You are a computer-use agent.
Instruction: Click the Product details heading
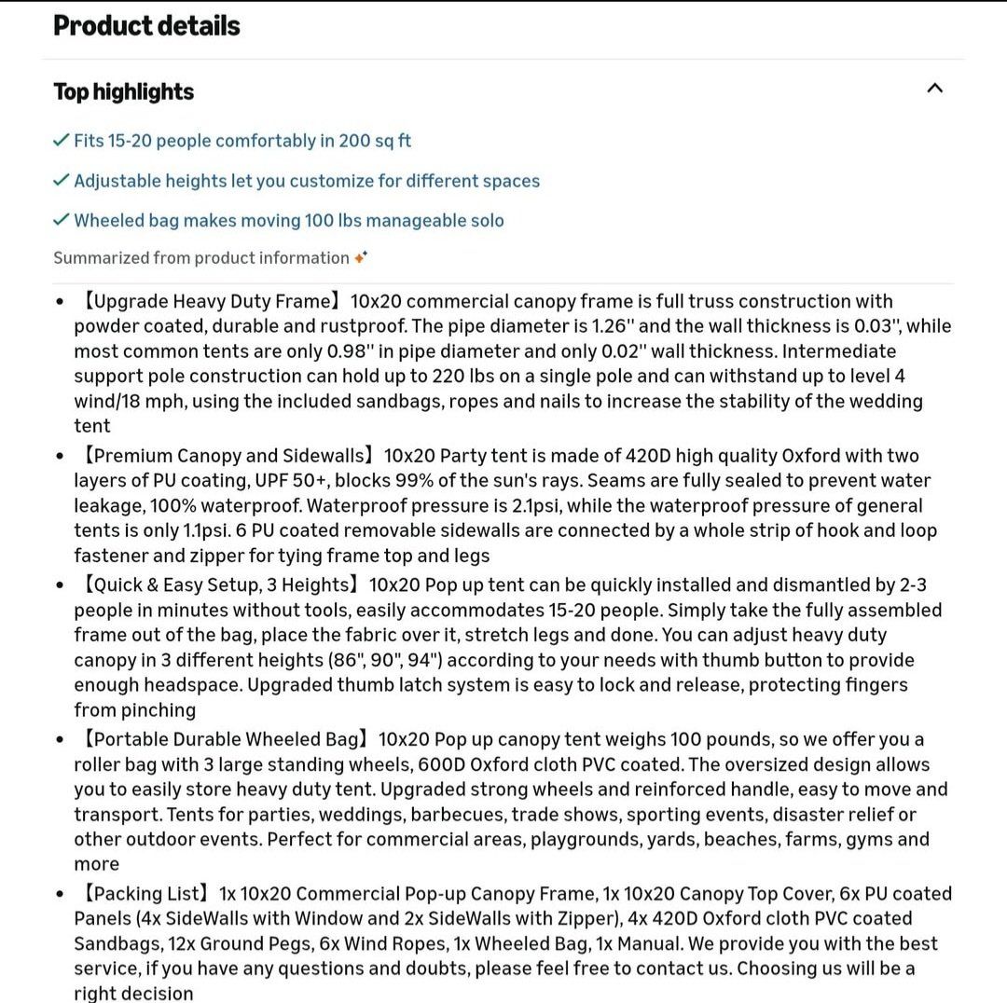tap(146, 25)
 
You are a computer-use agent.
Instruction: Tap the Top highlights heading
tap(123, 91)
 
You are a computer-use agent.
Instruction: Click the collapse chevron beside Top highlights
tap(935, 88)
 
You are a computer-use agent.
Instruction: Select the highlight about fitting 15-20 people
tap(242, 141)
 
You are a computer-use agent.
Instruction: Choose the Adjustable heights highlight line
tap(307, 181)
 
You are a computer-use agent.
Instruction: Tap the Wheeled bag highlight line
tap(289, 221)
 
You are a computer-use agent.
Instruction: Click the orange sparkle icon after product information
tap(361, 257)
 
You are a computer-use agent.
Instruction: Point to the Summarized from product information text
tap(200, 257)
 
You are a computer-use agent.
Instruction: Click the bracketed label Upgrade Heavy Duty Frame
tap(213, 301)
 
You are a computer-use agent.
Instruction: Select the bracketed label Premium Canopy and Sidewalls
tap(229, 456)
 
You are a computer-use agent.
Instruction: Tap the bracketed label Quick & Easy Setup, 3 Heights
tap(220, 585)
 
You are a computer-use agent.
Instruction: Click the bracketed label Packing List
tap(146, 893)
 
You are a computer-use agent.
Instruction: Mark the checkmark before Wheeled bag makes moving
tap(62, 220)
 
